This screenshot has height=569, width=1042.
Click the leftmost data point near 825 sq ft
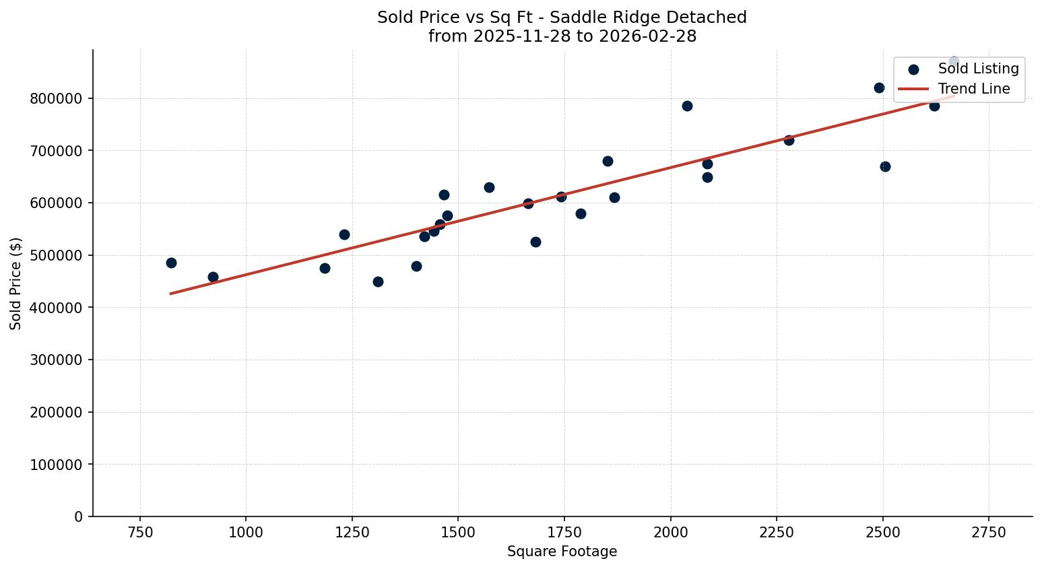pos(171,263)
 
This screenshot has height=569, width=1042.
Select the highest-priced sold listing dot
pos(954,61)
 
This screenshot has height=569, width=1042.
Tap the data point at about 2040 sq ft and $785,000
pos(687,106)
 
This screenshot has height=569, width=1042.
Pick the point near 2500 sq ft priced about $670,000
pos(885,166)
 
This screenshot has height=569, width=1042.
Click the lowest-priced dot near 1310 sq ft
pos(378,281)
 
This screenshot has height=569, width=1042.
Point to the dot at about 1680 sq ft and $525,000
pos(535,242)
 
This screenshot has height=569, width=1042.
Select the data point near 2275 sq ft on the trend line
pos(789,140)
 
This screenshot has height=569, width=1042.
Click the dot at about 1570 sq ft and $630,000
pos(489,187)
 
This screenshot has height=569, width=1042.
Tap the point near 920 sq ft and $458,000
pos(213,277)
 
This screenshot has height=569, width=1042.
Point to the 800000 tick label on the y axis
pos(57,99)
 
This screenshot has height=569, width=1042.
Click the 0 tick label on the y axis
pos(79,517)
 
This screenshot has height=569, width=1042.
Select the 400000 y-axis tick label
pos(57,308)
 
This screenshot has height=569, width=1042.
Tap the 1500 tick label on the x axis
pos(458,533)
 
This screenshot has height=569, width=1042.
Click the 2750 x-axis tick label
pos(989,533)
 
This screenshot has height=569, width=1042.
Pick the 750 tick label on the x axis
pos(140,533)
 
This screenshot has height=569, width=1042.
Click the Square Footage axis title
pos(562,552)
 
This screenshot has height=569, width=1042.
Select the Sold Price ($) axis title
pos(16,283)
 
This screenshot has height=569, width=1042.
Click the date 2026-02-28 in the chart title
pos(653,36)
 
